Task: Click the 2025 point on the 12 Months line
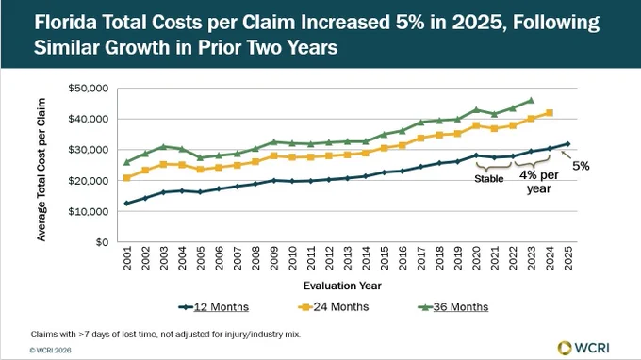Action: click(567, 144)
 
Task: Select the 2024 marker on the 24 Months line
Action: click(550, 113)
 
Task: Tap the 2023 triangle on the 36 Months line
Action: click(531, 100)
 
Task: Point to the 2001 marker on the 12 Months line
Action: click(126, 203)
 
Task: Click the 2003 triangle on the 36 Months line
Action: click(163, 146)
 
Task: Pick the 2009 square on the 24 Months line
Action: click(274, 156)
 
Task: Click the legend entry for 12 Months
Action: click(213, 307)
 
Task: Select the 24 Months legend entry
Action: click(333, 307)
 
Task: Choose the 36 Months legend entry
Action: click(453, 307)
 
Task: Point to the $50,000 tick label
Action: click(89, 89)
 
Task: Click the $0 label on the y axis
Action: click(102, 242)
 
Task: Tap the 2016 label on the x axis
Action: click(403, 258)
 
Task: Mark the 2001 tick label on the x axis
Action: click(127, 258)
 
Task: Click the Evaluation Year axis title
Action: click(342, 286)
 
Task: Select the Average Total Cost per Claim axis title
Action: click(41, 170)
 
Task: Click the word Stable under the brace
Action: click(489, 178)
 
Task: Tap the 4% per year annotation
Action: click(539, 182)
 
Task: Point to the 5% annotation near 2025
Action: click(581, 166)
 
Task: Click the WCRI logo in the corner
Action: click(583, 348)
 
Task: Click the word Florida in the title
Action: click(65, 22)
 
